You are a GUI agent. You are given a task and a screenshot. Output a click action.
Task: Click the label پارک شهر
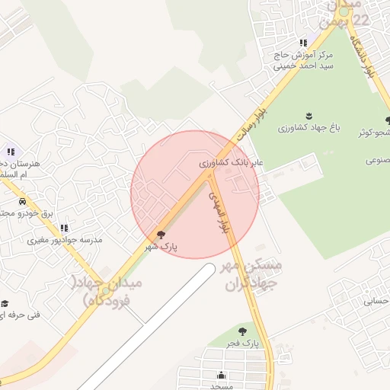click(x=161, y=248)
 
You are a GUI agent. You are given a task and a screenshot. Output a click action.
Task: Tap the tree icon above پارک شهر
click(x=161, y=235)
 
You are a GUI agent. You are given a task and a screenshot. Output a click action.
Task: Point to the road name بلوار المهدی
click(x=219, y=211)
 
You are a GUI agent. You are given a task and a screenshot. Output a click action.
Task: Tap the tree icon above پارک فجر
click(x=242, y=331)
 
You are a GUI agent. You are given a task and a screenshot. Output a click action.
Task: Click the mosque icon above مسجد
click(x=221, y=375)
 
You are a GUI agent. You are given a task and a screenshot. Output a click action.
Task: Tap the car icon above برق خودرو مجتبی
click(x=23, y=202)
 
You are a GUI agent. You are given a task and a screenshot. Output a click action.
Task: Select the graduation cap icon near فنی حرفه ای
click(x=5, y=303)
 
